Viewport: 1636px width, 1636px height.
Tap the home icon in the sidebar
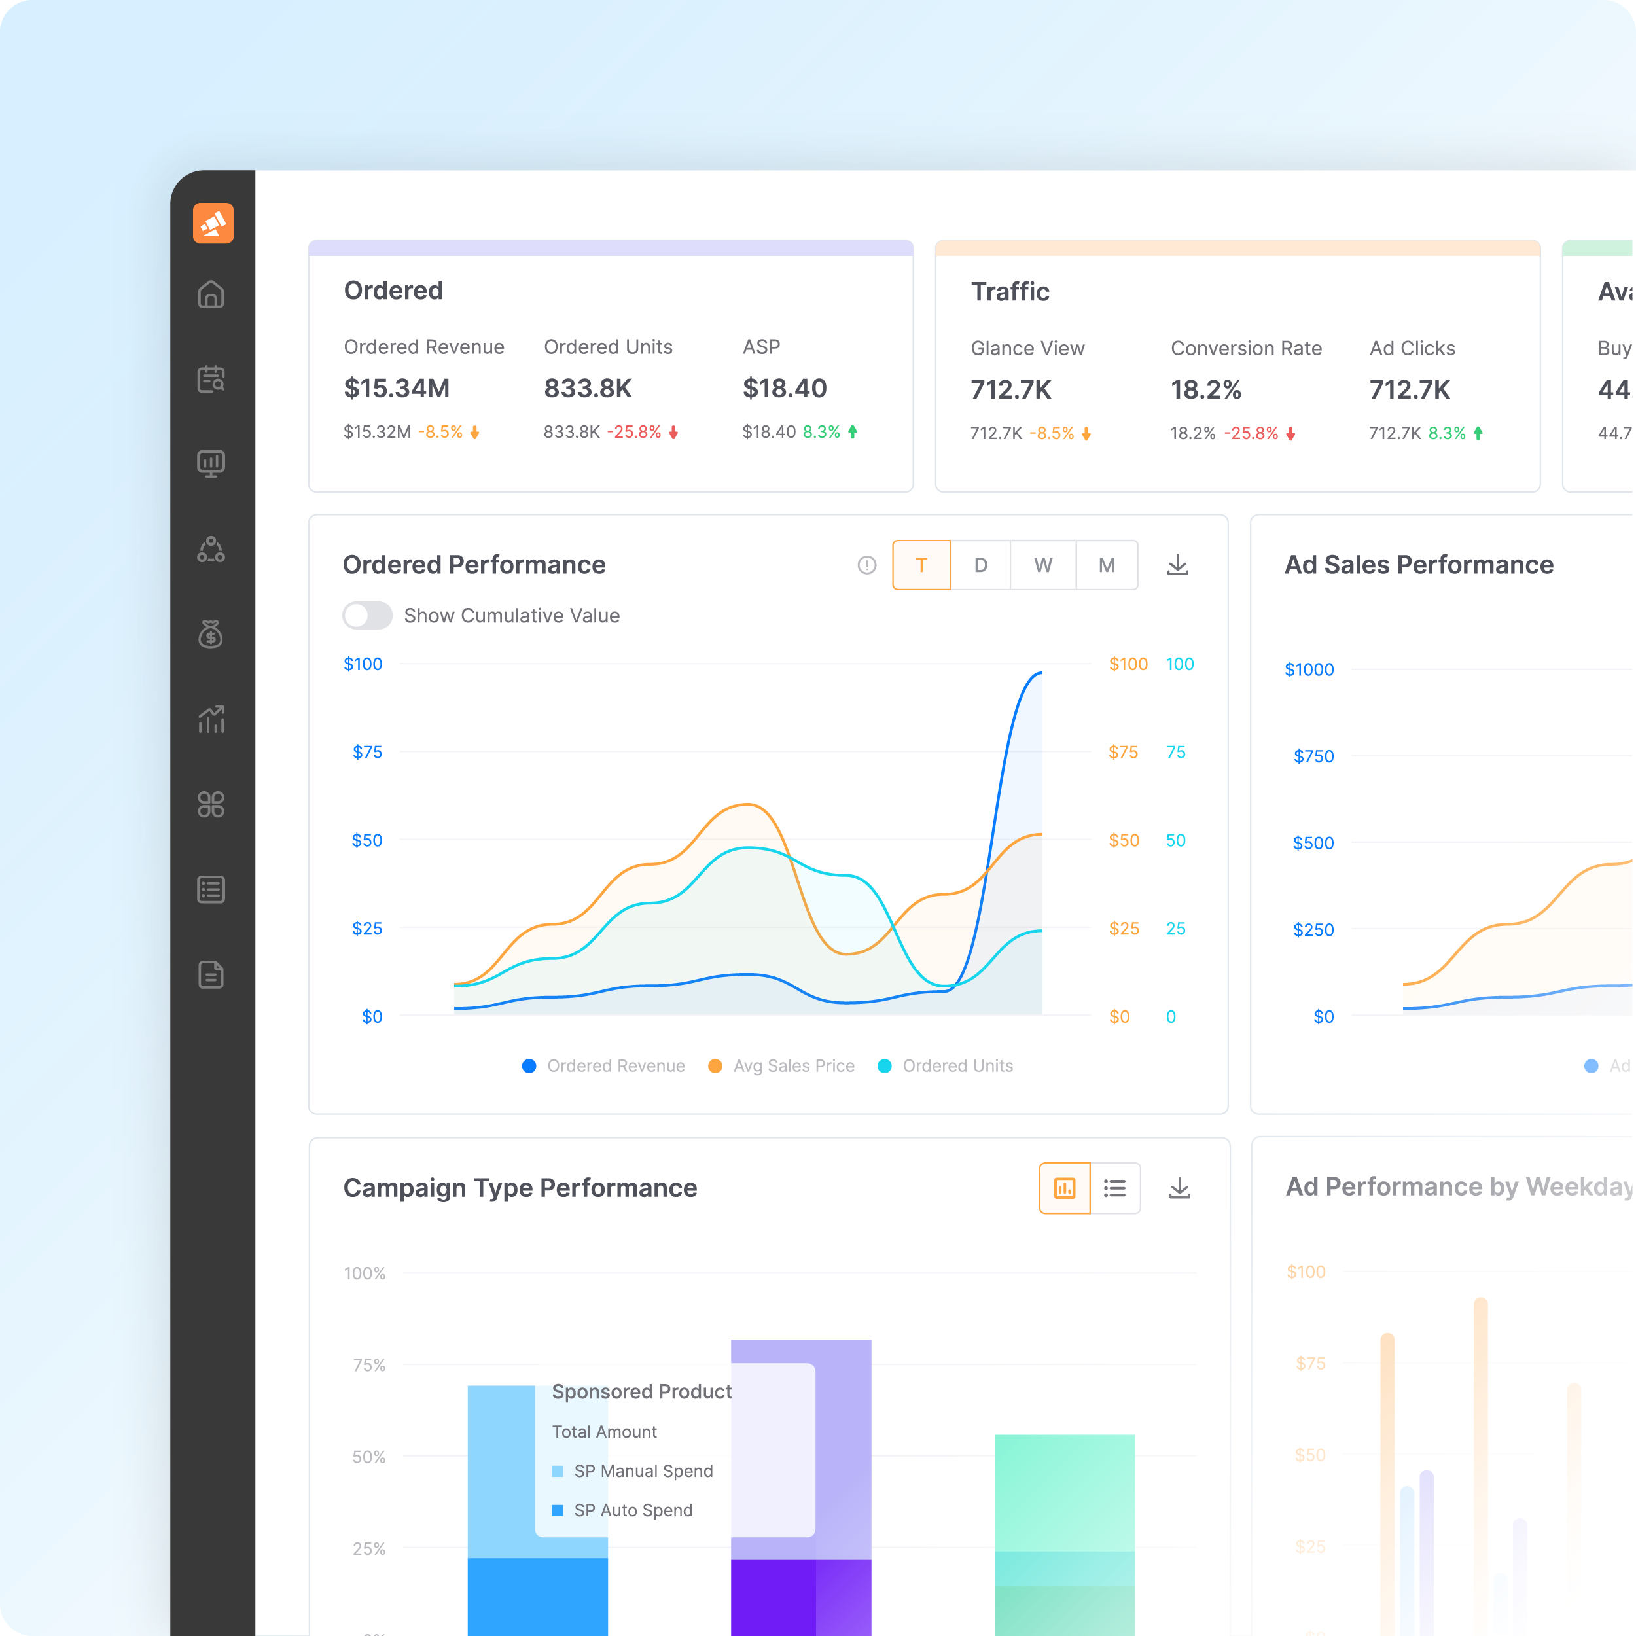[x=211, y=294]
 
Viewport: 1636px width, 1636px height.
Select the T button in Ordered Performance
[x=921, y=565]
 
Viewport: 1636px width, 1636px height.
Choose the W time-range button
[x=1042, y=565]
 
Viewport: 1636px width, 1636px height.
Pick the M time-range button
[x=1106, y=565]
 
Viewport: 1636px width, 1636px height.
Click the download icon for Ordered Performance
[x=1177, y=565]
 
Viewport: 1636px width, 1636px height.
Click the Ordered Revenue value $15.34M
[x=397, y=389]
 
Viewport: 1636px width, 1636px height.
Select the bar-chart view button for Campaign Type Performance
[x=1065, y=1188]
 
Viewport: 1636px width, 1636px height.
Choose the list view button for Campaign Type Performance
[x=1114, y=1188]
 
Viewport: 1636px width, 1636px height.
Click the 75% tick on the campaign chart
[x=368, y=1365]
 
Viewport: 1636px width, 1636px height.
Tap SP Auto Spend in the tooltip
[x=633, y=1510]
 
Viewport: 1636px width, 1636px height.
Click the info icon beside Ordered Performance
[x=866, y=565]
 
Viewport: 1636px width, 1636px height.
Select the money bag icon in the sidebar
[x=211, y=633]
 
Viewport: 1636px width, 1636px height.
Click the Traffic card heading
[x=1009, y=292]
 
